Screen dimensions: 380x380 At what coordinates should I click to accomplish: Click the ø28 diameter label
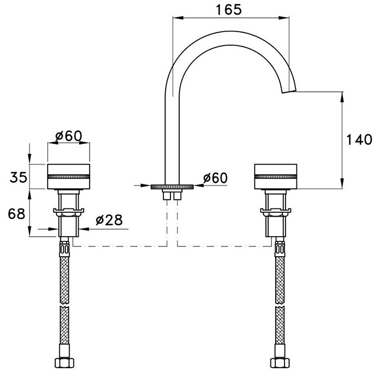pyautogui.click(x=109, y=220)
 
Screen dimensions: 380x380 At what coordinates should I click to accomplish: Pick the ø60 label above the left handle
pyautogui.click(x=68, y=136)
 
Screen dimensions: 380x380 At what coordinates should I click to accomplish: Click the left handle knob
pyautogui.click(x=69, y=176)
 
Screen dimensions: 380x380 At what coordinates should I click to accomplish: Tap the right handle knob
pyautogui.click(x=276, y=176)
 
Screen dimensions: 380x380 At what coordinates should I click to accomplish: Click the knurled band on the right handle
pyautogui.click(x=276, y=176)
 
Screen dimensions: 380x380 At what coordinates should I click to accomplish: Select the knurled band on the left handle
pyautogui.click(x=69, y=176)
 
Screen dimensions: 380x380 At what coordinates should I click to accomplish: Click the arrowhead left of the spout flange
pyautogui.click(x=147, y=186)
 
